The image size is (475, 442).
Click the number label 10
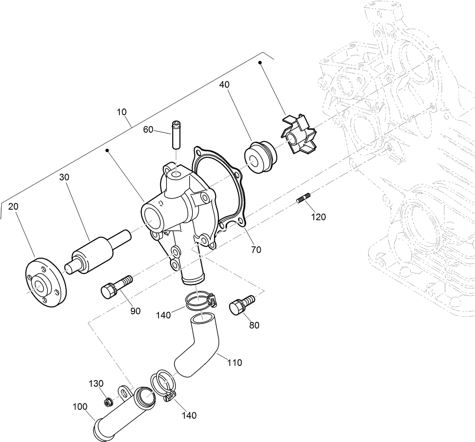pyautogui.click(x=122, y=112)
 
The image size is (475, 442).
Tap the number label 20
pyautogui.click(x=13, y=206)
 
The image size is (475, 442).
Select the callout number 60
pyautogui.click(x=148, y=130)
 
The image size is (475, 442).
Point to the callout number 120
pyautogui.click(x=318, y=217)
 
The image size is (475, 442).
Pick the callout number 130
pyautogui.click(x=96, y=383)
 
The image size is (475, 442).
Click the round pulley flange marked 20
pyautogui.click(x=45, y=282)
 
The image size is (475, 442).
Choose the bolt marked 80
pyautogui.click(x=240, y=305)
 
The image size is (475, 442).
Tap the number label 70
pyautogui.click(x=256, y=249)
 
